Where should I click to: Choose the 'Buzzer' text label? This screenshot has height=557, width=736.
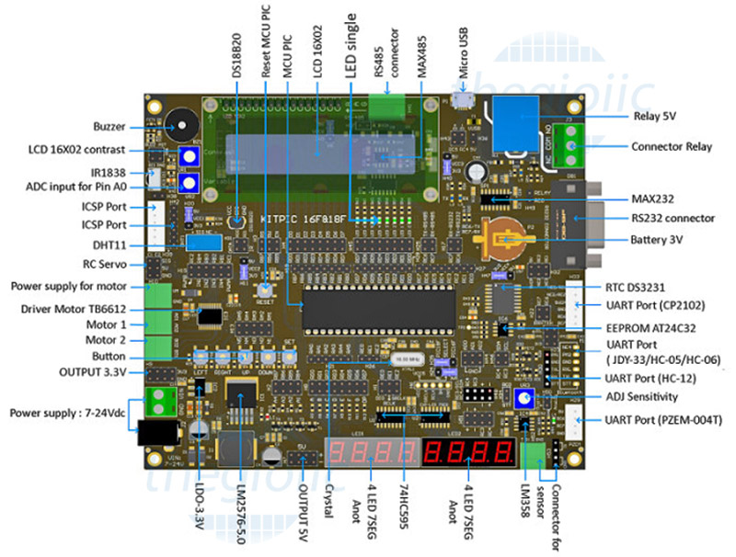coord(109,127)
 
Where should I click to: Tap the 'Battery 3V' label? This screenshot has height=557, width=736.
coord(657,239)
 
